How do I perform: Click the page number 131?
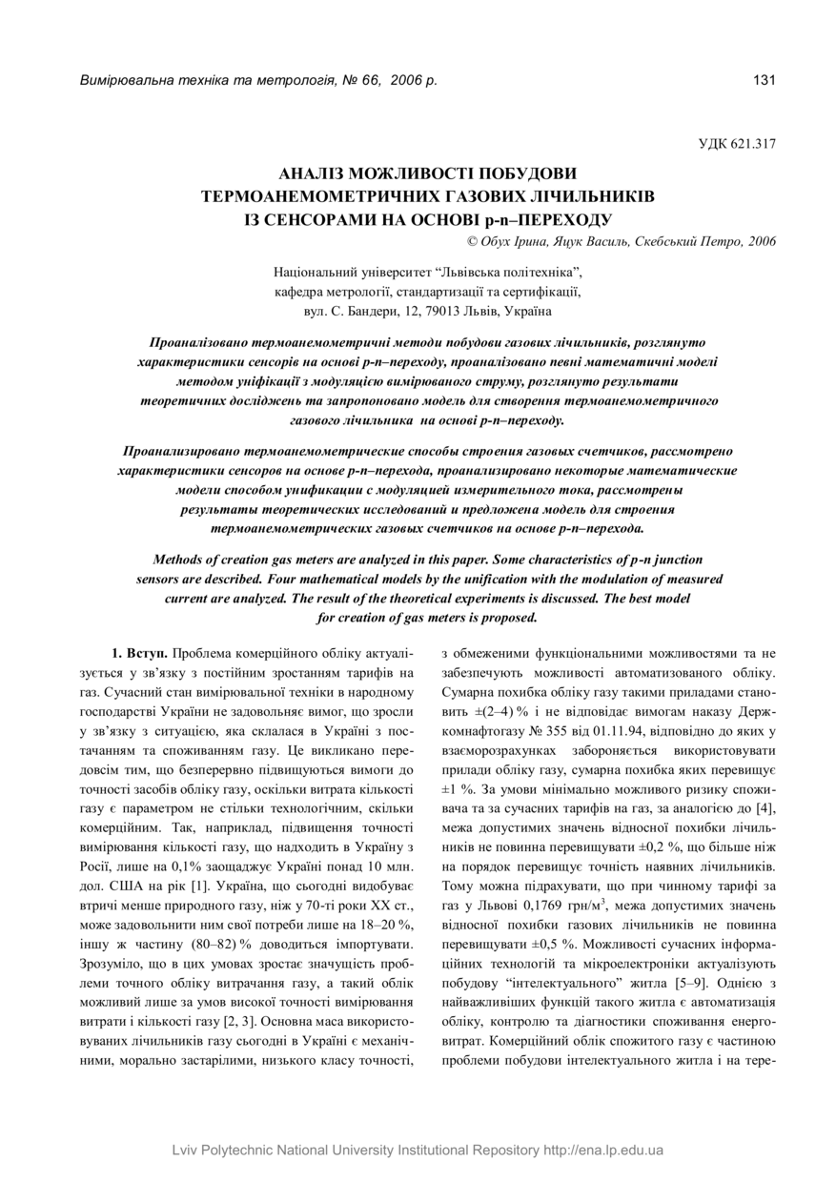point(765,80)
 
